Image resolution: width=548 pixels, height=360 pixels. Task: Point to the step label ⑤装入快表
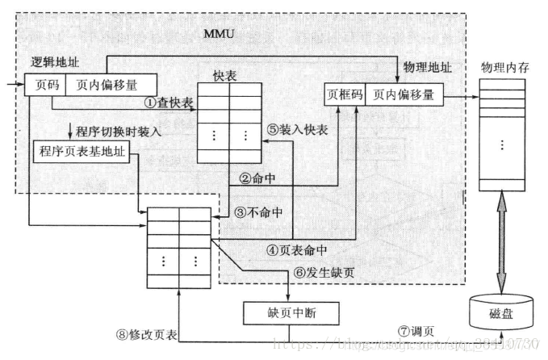pyautogui.click(x=295, y=127)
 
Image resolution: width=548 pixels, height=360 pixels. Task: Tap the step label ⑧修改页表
pyautogui.click(x=148, y=334)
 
